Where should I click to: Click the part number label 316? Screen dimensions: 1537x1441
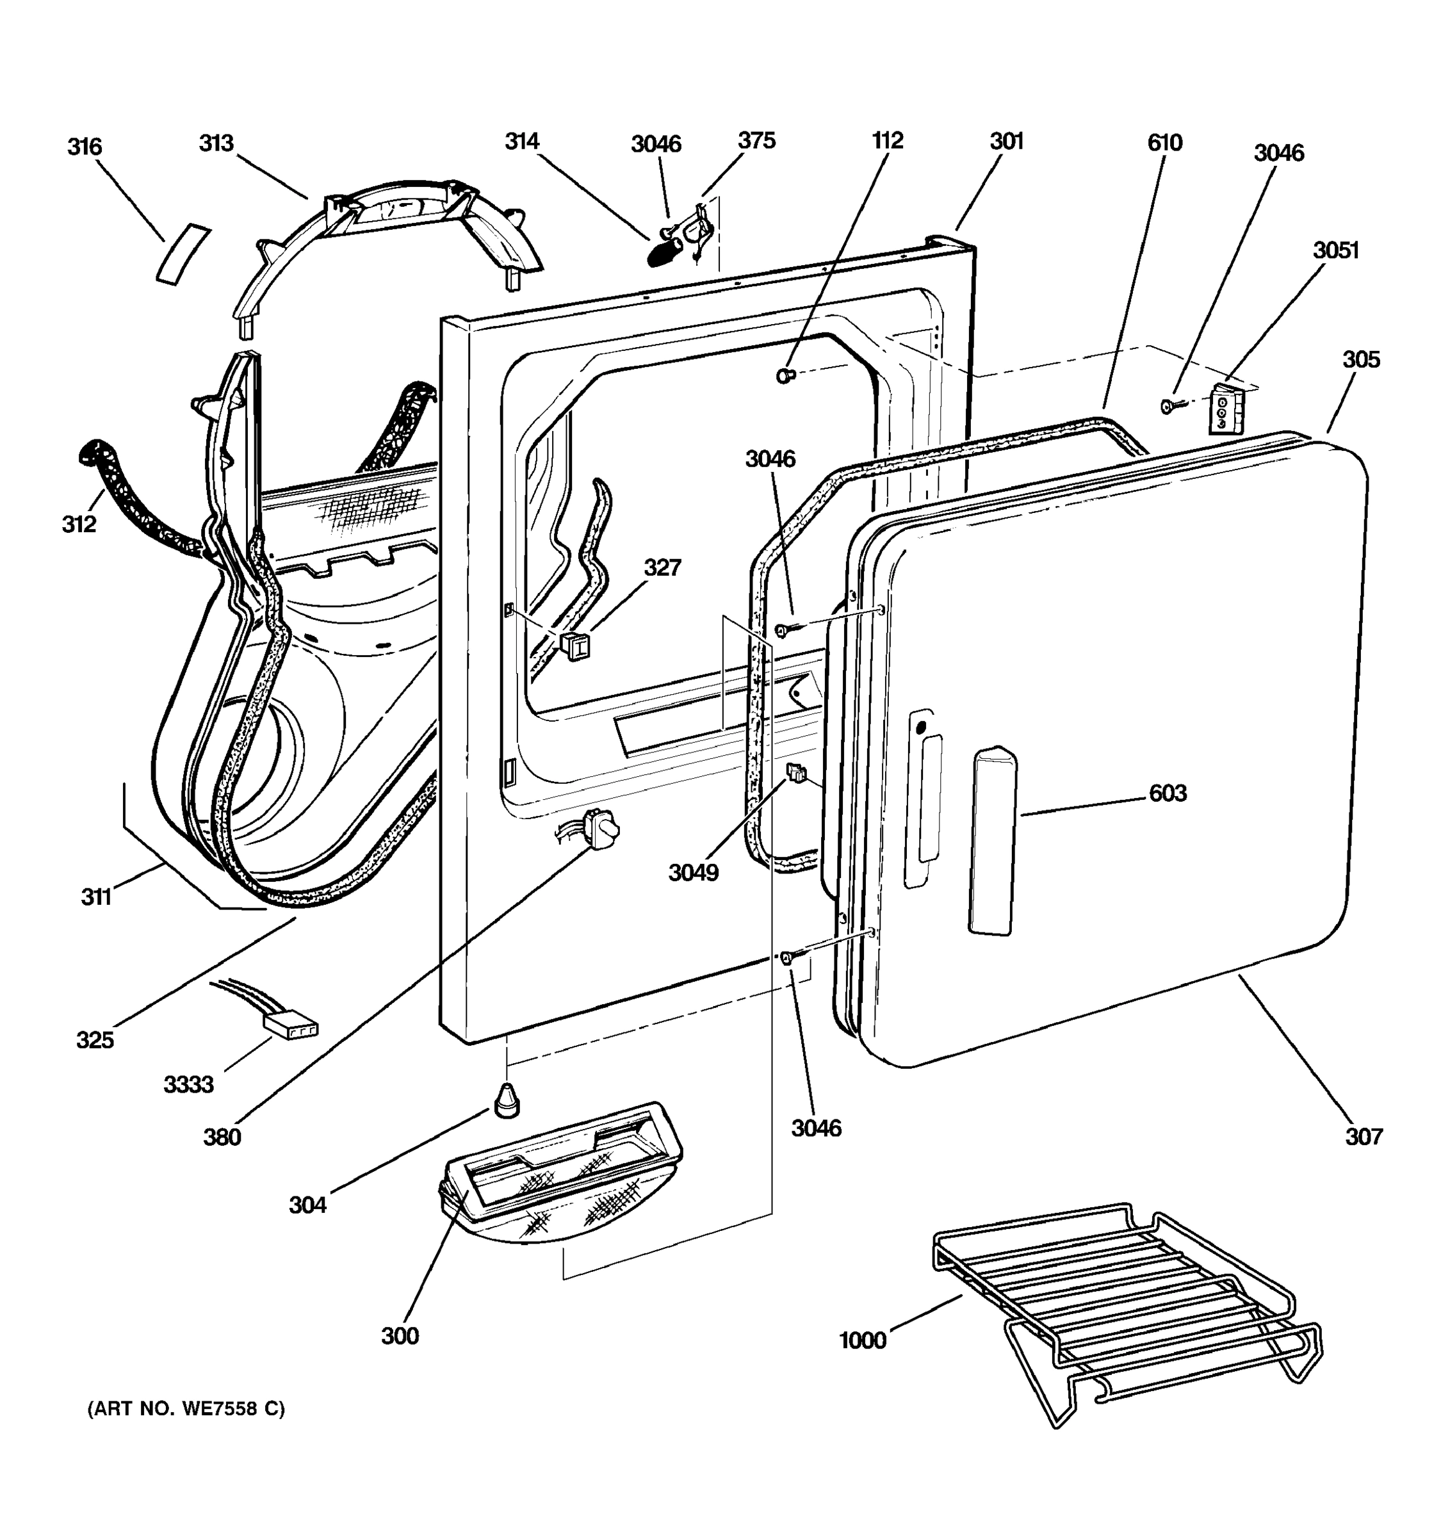click(x=85, y=146)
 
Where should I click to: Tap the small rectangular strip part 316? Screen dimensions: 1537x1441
click(x=183, y=254)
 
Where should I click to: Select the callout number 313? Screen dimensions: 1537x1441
click(x=216, y=143)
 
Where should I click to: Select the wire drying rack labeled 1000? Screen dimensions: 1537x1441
click(x=1121, y=1306)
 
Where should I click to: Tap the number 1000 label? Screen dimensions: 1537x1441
click(x=862, y=1340)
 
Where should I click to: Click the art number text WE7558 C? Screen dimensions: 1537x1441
click(x=186, y=1410)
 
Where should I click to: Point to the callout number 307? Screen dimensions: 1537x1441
click(x=1363, y=1137)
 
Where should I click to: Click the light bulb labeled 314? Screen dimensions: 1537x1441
click(x=662, y=253)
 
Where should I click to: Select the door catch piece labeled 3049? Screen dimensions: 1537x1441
click(x=795, y=772)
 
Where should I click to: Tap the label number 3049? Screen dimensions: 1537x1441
click(x=694, y=873)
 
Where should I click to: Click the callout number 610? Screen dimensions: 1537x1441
click(x=1164, y=142)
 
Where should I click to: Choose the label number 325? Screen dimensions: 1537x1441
click(x=95, y=1040)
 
